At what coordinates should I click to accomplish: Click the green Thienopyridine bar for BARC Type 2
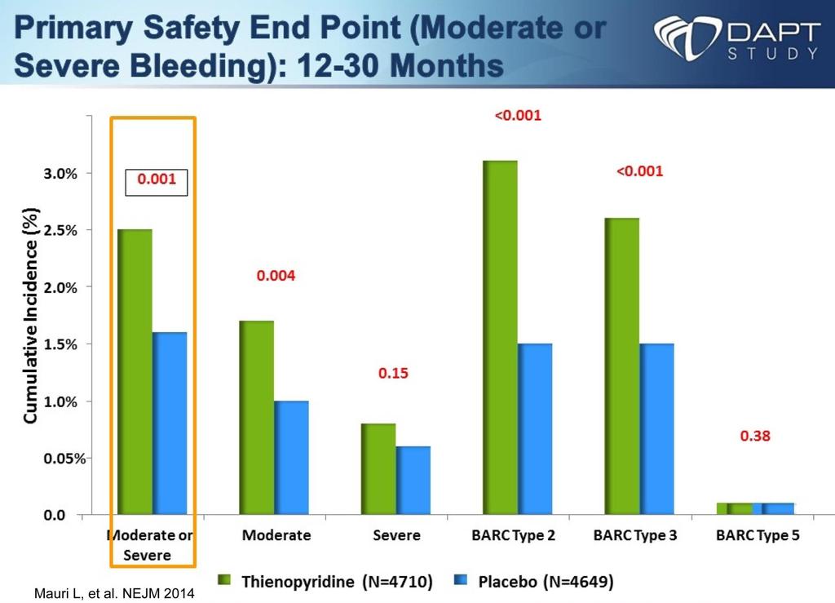[x=500, y=337]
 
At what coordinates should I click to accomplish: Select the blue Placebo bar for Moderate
[x=291, y=458]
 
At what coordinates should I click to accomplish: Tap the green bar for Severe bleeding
[x=378, y=468]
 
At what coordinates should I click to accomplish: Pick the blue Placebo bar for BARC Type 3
[x=656, y=429]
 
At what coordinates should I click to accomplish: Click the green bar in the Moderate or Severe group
[x=135, y=372]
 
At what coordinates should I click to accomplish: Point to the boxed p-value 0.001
[x=157, y=179]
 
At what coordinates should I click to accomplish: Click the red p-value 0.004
[x=276, y=276]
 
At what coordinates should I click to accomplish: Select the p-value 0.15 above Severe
[x=394, y=373]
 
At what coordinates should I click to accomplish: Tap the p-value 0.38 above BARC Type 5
[x=755, y=436]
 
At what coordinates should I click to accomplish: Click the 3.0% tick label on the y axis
[x=60, y=174]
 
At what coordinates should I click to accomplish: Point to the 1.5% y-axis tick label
[x=60, y=344]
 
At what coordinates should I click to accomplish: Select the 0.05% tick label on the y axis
[x=64, y=459]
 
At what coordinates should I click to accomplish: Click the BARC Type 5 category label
[x=758, y=534]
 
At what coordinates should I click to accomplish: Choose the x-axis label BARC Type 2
[x=514, y=534]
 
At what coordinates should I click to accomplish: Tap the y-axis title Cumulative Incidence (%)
[x=31, y=315]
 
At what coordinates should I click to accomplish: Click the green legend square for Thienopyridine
[x=224, y=579]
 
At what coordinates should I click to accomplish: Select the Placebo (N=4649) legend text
[x=546, y=581]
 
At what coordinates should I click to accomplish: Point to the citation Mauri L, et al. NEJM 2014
[x=114, y=593]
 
